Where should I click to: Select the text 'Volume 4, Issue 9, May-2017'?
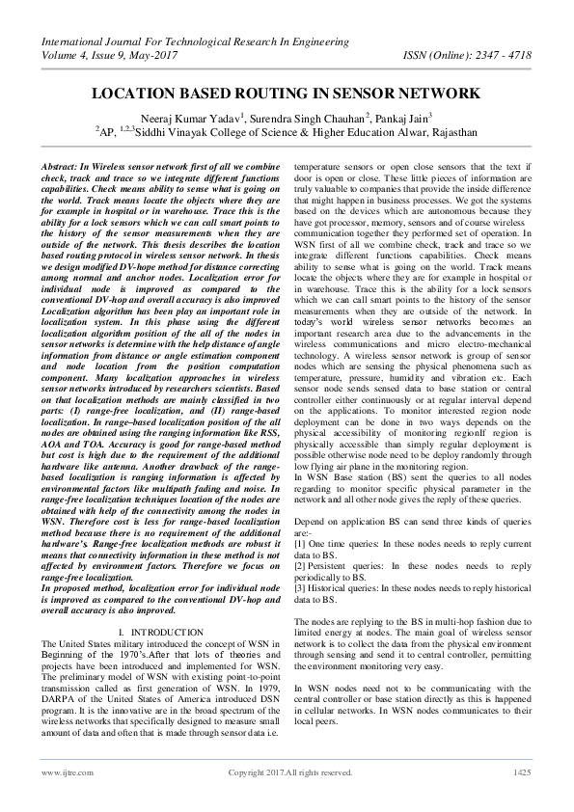[x=109, y=55]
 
